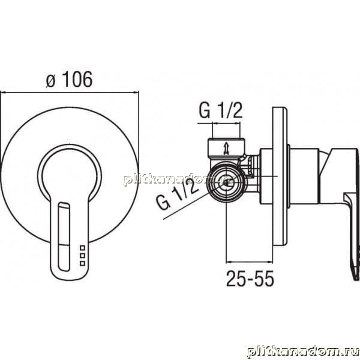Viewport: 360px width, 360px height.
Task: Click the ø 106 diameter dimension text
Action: coord(69,79)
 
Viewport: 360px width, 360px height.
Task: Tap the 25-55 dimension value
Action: coord(250,278)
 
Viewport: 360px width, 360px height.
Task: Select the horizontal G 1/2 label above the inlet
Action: coord(221,110)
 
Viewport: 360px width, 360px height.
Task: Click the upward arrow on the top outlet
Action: coord(226,148)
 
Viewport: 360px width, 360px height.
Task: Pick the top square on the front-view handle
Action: coord(82,248)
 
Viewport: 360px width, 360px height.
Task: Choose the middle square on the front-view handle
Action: coord(82,256)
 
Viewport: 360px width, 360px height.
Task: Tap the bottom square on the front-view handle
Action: coord(82,263)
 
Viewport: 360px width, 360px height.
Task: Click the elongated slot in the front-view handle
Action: coord(64,236)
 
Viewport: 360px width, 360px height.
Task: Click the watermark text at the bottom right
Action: coord(303,352)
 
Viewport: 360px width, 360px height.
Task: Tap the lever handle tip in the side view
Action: coord(356,275)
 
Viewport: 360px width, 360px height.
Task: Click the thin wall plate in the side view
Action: coord(280,176)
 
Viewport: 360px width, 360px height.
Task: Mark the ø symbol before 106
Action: coord(50,81)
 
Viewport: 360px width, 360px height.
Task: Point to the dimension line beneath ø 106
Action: coord(70,92)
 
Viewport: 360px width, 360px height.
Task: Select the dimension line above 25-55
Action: coord(250,262)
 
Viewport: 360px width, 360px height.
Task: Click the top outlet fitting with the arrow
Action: coord(226,149)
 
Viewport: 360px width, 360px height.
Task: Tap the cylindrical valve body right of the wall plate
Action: coord(304,176)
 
